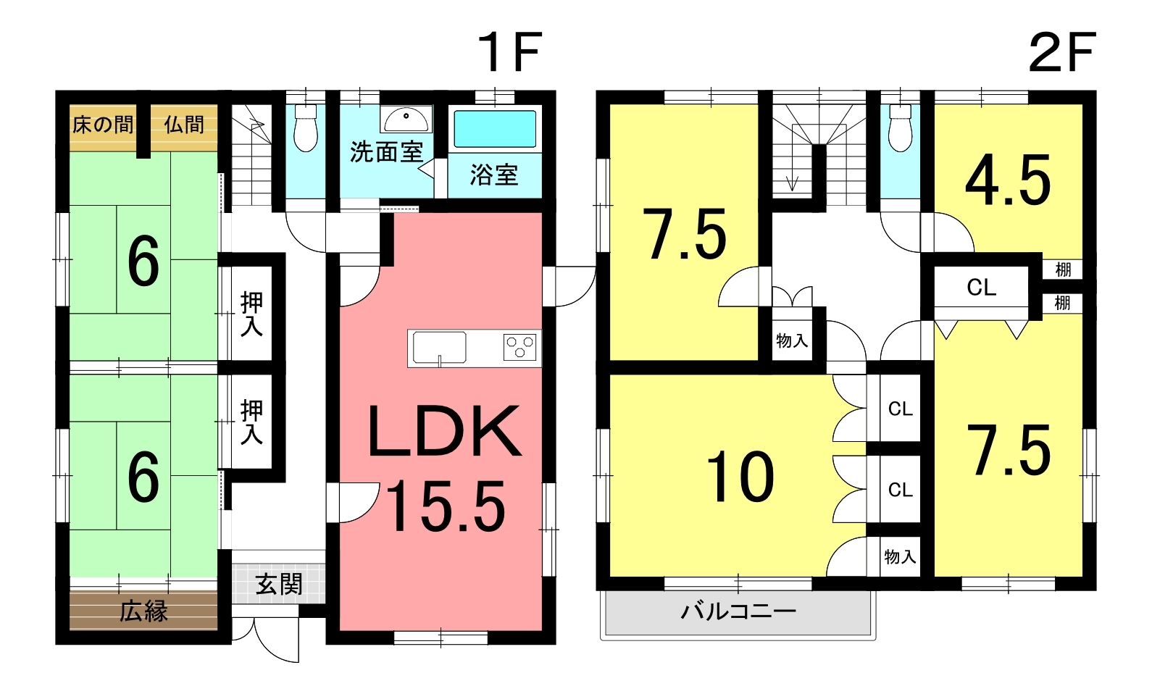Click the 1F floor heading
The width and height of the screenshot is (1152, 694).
[509, 52]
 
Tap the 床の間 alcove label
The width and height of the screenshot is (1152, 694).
[103, 125]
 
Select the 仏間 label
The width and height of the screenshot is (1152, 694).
[184, 125]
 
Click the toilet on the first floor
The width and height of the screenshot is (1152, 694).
[306, 128]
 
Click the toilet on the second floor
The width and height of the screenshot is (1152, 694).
[900, 128]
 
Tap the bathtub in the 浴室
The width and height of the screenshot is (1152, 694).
[495, 128]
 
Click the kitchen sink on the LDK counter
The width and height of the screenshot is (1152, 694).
[439, 348]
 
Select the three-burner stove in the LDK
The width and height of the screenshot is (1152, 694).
[519, 346]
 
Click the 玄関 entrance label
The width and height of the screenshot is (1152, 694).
[279, 585]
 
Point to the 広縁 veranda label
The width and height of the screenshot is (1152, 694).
[144, 611]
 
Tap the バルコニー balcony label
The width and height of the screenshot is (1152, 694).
[738, 611]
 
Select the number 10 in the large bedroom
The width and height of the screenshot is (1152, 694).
[740, 476]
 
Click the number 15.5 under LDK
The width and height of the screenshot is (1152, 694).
[446, 506]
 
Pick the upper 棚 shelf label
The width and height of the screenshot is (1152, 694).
[1062, 269]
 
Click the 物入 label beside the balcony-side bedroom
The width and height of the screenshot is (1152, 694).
[900, 556]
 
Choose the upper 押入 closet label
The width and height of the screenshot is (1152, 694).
[251, 314]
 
